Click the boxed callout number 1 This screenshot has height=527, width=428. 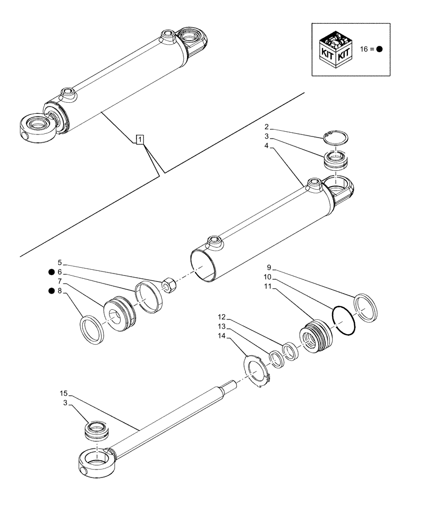tap(140, 140)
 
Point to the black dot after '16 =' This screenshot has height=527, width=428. tap(380, 49)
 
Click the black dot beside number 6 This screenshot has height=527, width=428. tap(52, 272)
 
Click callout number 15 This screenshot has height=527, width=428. tap(64, 394)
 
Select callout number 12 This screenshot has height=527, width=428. tap(222, 317)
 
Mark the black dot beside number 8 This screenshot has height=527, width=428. tap(52, 290)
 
